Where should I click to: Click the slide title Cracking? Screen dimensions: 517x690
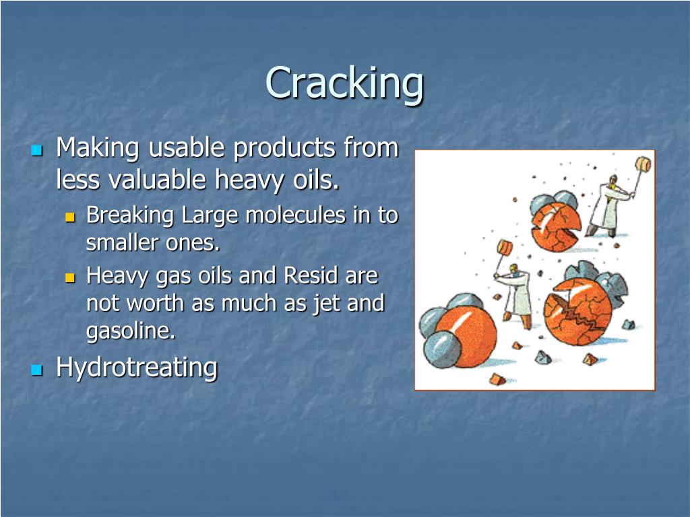(x=344, y=83)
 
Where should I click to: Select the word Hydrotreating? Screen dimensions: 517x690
(x=136, y=368)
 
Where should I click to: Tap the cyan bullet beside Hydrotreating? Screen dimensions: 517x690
(x=37, y=369)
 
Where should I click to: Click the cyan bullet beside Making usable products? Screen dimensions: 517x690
(x=37, y=149)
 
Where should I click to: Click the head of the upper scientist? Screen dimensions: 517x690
(x=613, y=180)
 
